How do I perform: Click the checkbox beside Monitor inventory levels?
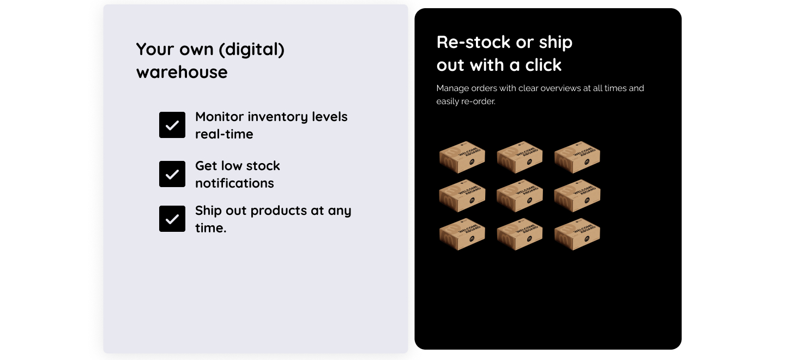pyautogui.click(x=172, y=125)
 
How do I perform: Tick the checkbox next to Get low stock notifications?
pyautogui.click(x=172, y=174)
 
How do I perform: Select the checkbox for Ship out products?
pyautogui.click(x=172, y=219)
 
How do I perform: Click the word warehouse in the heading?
pyautogui.click(x=182, y=72)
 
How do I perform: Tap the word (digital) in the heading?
pyautogui.click(x=252, y=49)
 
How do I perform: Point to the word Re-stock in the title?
pyautogui.click(x=473, y=42)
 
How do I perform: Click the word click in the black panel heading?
pyautogui.click(x=543, y=65)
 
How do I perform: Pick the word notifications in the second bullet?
pyautogui.click(x=234, y=183)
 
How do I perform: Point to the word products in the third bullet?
pyautogui.click(x=279, y=211)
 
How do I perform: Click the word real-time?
pyautogui.click(x=224, y=134)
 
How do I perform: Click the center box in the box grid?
pyautogui.click(x=520, y=196)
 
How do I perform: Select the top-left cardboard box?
pyautogui.click(x=462, y=157)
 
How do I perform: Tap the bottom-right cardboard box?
pyautogui.click(x=577, y=234)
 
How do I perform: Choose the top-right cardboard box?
pyautogui.click(x=577, y=157)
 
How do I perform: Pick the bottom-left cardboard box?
pyautogui.click(x=462, y=234)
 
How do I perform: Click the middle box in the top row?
pyautogui.click(x=520, y=157)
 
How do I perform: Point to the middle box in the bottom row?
pyautogui.click(x=520, y=234)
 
